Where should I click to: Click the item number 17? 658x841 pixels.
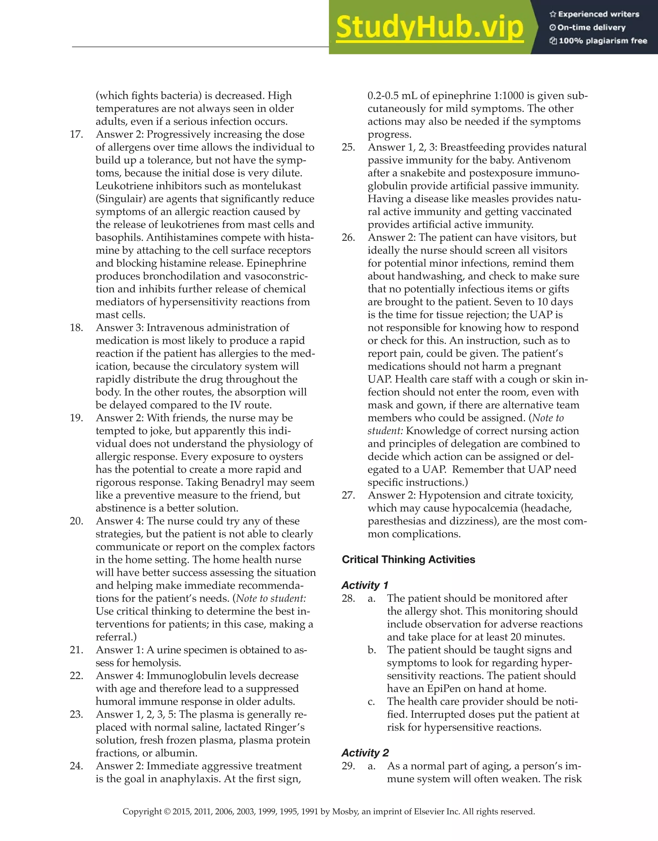[x=76, y=134]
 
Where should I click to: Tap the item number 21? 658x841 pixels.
[x=76, y=650]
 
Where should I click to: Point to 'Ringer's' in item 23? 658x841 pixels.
[x=284, y=727]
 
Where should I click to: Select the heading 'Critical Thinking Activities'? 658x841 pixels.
[x=408, y=559]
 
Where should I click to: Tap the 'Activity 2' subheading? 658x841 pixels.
[x=365, y=753]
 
